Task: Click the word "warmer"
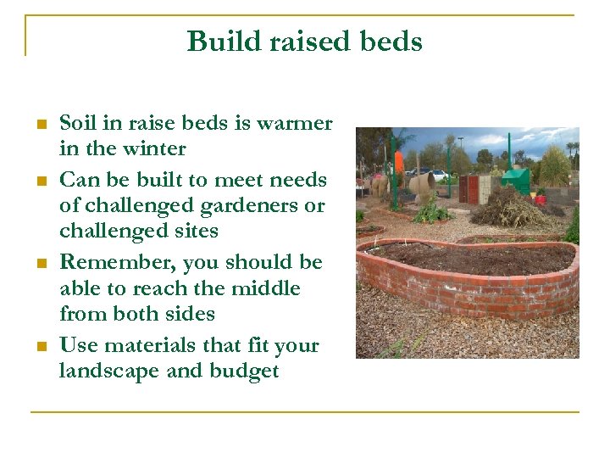(295, 124)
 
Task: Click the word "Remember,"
(124, 263)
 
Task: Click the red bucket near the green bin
(540, 200)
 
